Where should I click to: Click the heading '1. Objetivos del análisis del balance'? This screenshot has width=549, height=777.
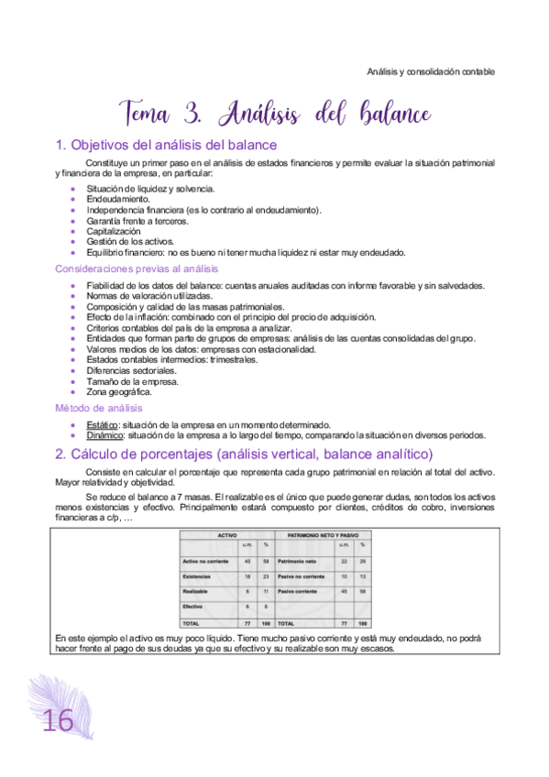pos(166,145)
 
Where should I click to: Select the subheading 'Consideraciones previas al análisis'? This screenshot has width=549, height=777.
pos(137,268)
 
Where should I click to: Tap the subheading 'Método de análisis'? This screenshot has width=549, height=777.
pos(97,408)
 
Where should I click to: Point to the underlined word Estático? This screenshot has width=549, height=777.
pos(103,424)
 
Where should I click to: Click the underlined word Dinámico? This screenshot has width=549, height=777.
pos(106,435)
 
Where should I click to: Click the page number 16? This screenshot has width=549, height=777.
pos(57,721)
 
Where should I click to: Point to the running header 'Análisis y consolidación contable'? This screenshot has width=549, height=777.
pos(431,71)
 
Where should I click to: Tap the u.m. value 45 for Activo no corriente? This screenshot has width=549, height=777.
pos(247,560)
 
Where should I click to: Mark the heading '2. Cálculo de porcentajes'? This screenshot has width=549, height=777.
pos(243,454)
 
